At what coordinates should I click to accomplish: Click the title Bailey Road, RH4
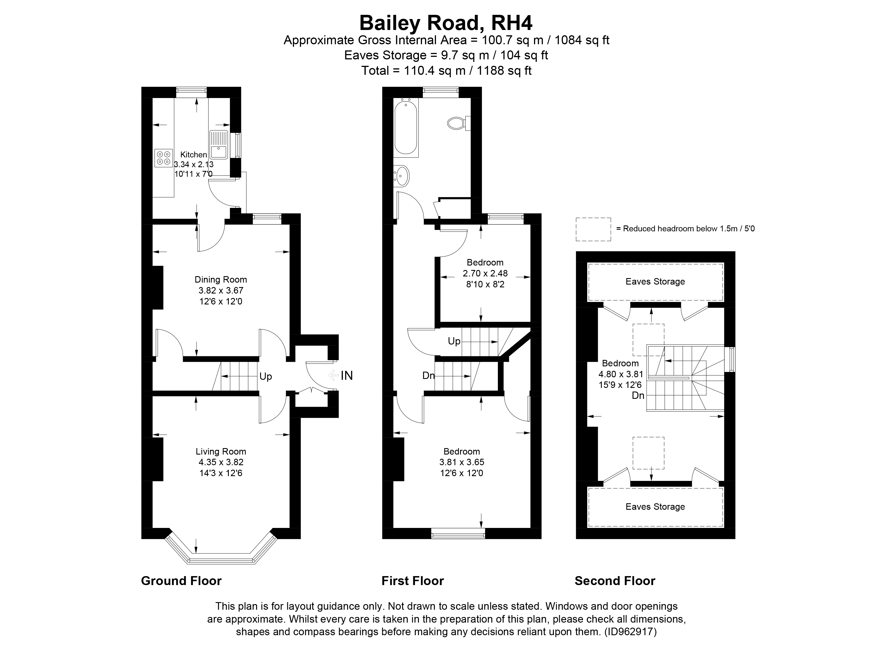446,23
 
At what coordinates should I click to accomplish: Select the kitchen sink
218,144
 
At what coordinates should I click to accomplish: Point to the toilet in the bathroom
458,123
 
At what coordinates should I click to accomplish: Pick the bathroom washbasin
402,176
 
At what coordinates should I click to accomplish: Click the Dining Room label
221,280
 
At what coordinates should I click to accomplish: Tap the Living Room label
221,452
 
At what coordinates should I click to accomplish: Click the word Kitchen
193,155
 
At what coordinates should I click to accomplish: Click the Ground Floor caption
181,581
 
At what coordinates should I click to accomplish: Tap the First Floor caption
413,581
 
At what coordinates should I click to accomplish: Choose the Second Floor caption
615,581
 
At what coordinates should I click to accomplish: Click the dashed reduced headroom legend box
593,229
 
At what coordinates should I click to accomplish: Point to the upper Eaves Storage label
655,281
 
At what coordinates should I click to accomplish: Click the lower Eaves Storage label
655,507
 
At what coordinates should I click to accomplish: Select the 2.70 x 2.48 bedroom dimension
485,273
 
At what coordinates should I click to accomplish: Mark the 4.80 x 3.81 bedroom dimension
621,374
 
